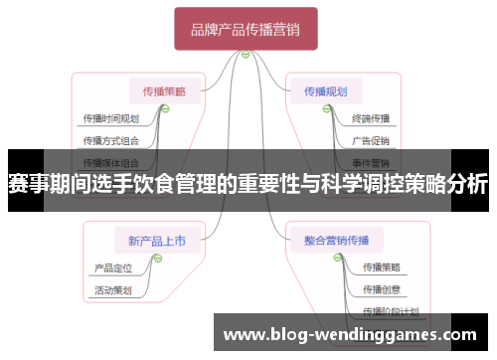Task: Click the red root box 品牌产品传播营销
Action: point(246,30)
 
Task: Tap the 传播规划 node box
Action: point(326,91)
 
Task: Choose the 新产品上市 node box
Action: point(158,239)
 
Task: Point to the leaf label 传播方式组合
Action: point(110,140)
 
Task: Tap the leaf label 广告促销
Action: point(370,140)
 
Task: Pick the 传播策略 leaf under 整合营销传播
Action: point(382,268)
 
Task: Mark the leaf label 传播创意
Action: point(382,289)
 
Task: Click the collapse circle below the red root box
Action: point(246,54)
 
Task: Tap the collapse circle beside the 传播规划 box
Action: point(325,110)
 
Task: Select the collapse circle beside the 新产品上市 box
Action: point(157,258)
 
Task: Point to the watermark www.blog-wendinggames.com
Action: point(353,334)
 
